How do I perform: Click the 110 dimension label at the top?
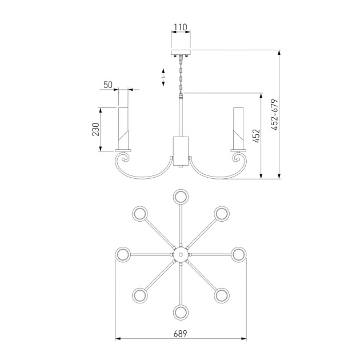[181, 27]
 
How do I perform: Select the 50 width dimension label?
[108, 85]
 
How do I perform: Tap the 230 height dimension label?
[96, 130]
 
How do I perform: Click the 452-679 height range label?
[274, 115]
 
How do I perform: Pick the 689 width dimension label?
[180, 334]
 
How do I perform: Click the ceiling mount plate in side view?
[181, 53]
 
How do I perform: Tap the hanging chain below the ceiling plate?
[181, 76]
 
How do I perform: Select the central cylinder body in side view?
[181, 151]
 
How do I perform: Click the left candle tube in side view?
[123, 128]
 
